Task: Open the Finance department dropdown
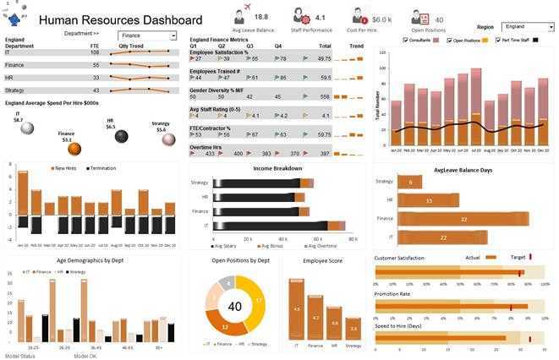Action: click(173, 36)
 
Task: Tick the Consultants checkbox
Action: click(406, 40)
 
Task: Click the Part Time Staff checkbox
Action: click(499, 40)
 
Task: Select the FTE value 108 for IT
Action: click(95, 52)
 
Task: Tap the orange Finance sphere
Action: click(74, 149)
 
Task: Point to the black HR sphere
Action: click(121, 136)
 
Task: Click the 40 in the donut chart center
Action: click(234, 307)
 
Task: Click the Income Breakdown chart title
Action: click(277, 168)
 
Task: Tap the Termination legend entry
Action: click(101, 168)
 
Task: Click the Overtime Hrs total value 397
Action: click(324, 154)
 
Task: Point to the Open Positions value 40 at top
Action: click(439, 19)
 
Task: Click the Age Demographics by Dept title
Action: click(91, 260)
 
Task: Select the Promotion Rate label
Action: click(392, 294)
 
